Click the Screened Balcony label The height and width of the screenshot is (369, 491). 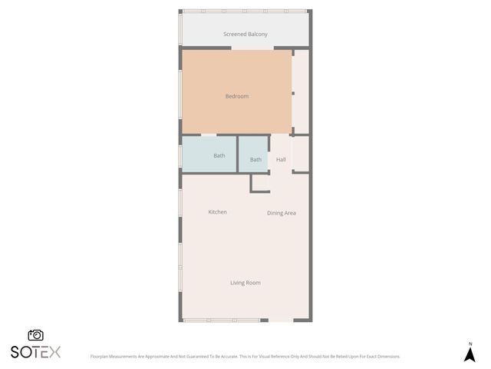[245, 34]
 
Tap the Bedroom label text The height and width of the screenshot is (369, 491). [236, 96]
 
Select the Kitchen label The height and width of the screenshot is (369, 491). [217, 212]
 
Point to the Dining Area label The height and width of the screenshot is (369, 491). [281, 213]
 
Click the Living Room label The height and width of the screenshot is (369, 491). [245, 283]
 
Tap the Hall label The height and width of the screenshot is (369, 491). [281, 160]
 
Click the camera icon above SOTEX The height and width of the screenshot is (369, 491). [35, 335]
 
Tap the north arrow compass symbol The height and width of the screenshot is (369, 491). [470, 354]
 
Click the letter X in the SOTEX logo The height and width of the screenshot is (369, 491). [54, 352]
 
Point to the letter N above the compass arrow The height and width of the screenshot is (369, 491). [470, 344]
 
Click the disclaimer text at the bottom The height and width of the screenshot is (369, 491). [245, 357]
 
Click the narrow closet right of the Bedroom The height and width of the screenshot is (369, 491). [301, 91]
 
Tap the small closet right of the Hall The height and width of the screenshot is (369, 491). [300, 154]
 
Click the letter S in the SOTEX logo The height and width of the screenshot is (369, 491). [15, 352]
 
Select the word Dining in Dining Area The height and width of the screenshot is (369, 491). [274, 213]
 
